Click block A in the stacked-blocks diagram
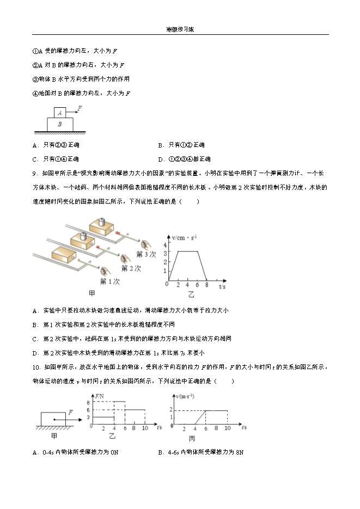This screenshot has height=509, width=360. pos(60,113)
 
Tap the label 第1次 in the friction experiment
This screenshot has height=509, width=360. pos(109,281)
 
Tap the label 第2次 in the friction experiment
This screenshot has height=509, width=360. pos(131,268)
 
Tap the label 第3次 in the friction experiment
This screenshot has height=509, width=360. pos(146,254)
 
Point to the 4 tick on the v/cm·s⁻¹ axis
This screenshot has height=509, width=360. pos(166,243)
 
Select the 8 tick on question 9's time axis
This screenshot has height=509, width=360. pos(207,285)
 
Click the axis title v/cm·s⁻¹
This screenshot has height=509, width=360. pos(184,237)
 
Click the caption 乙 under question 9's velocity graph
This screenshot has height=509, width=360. pos(191,295)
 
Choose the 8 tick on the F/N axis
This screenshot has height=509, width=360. pos(88,402)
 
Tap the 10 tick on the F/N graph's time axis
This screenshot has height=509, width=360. pos(144,430)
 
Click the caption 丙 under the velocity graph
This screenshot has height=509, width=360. pos(192,438)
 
